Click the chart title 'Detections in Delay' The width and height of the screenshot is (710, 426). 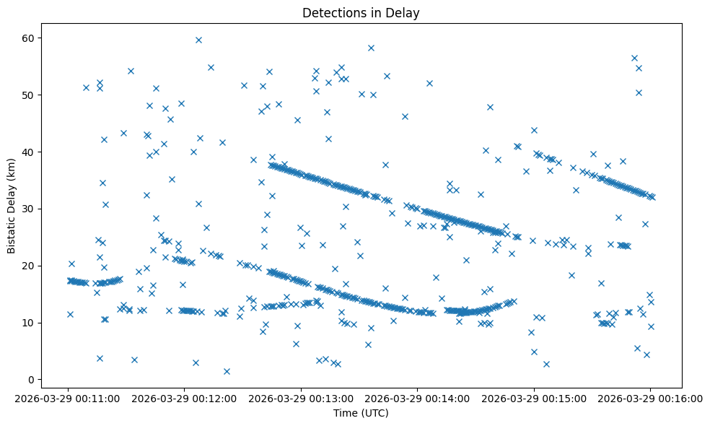point(361,13)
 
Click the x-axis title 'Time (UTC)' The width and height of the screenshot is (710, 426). point(361,413)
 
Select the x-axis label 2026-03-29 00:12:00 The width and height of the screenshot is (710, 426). point(185,397)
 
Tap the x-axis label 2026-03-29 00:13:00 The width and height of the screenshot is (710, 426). point(302,397)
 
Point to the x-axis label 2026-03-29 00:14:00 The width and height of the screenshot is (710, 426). point(418,397)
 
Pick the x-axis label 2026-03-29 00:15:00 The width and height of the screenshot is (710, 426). point(534,397)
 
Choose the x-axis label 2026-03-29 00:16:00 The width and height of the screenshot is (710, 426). point(650,397)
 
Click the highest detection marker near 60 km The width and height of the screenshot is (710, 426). point(198,40)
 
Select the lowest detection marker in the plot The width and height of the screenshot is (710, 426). point(227,371)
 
